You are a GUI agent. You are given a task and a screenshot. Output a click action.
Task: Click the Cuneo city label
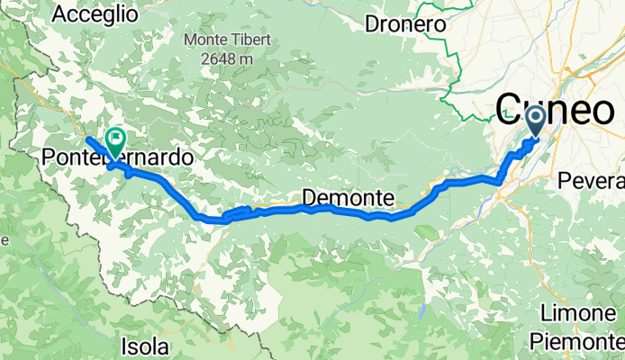point(555,110)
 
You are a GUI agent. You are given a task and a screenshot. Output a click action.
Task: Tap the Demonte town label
point(342,197)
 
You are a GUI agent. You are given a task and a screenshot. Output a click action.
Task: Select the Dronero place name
point(406,25)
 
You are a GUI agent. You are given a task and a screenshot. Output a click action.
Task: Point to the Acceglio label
point(95,14)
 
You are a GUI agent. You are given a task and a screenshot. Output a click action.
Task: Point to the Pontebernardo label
point(117,157)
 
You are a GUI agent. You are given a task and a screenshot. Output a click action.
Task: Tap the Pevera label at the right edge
point(591,180)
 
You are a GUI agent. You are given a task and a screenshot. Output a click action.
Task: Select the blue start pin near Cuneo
point(535,121)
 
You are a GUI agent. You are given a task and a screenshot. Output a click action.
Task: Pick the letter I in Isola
point(123,346)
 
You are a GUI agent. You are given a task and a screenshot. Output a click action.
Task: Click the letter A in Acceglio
point(60,14)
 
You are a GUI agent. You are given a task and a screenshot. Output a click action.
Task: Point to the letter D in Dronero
point(372,25)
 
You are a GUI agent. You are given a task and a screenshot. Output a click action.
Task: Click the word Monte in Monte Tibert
point(205,40)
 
